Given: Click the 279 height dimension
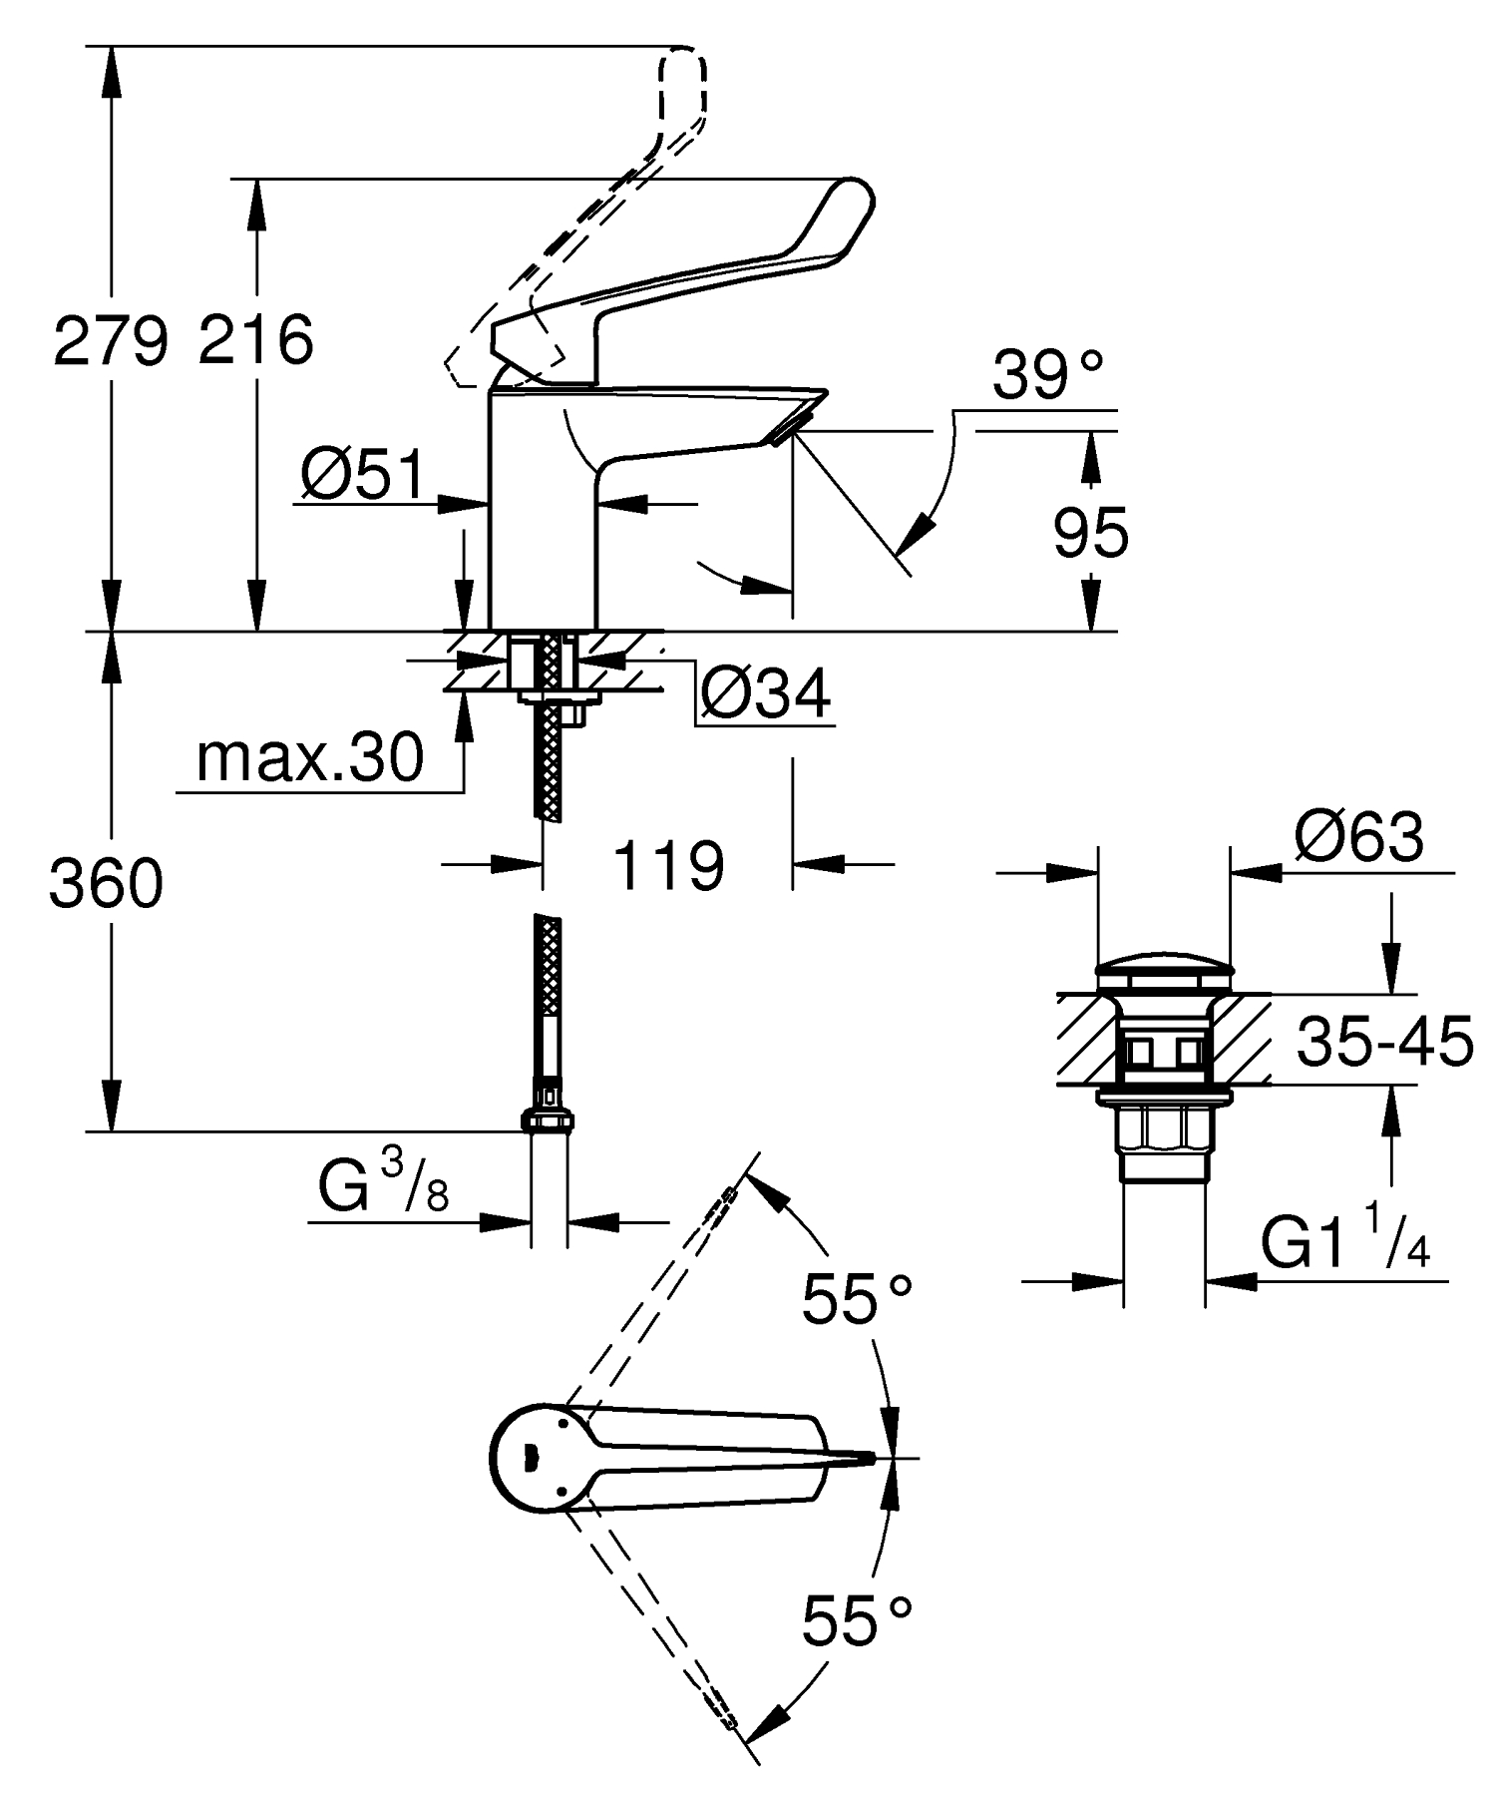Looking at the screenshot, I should (109, 340).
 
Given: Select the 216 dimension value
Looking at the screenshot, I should (255, 340).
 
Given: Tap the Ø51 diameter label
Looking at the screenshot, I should (362, 476).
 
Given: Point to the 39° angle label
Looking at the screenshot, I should (1048, 376).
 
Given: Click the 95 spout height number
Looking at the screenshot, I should (1091, 533).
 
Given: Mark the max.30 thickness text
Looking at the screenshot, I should (310, 758).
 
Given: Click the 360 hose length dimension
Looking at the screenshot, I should (106, 884).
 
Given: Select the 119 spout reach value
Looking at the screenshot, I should (667, 865).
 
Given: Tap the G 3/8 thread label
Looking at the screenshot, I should (383, 1187).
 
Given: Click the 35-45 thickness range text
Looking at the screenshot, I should (1384, 1042).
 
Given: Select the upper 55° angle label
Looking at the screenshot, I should (858, 1300).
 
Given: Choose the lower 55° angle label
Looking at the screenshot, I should (858, 1621).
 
